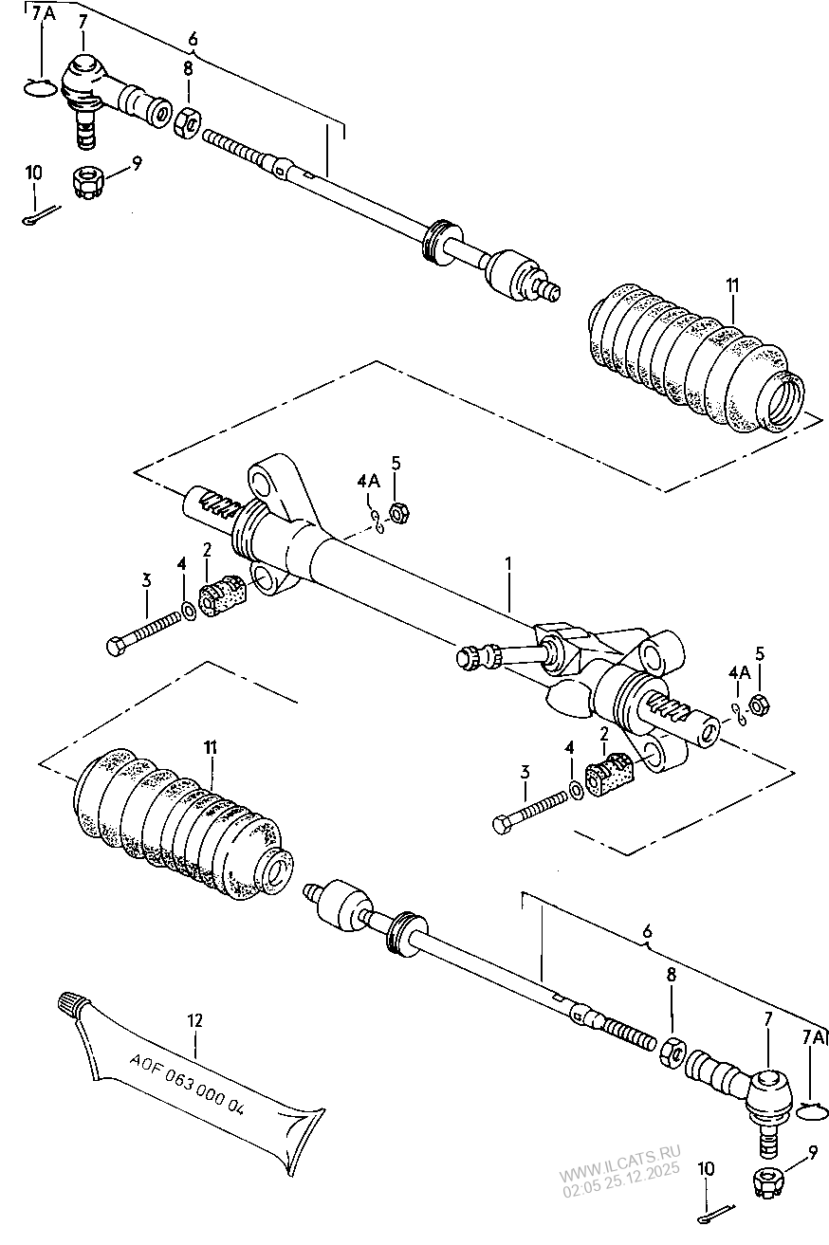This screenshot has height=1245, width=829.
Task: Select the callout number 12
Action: pos(194,1021)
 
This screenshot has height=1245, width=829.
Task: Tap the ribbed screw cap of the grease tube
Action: pos(73,1003)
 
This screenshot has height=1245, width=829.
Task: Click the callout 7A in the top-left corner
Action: pos(43,14)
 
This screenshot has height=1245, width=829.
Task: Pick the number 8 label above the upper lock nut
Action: pos(188,69)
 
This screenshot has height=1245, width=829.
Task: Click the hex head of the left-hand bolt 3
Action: pos(115,649)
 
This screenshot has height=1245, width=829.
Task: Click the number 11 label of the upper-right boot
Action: pos(732,285)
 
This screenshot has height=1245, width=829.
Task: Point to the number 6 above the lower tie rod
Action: pos(647,933)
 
